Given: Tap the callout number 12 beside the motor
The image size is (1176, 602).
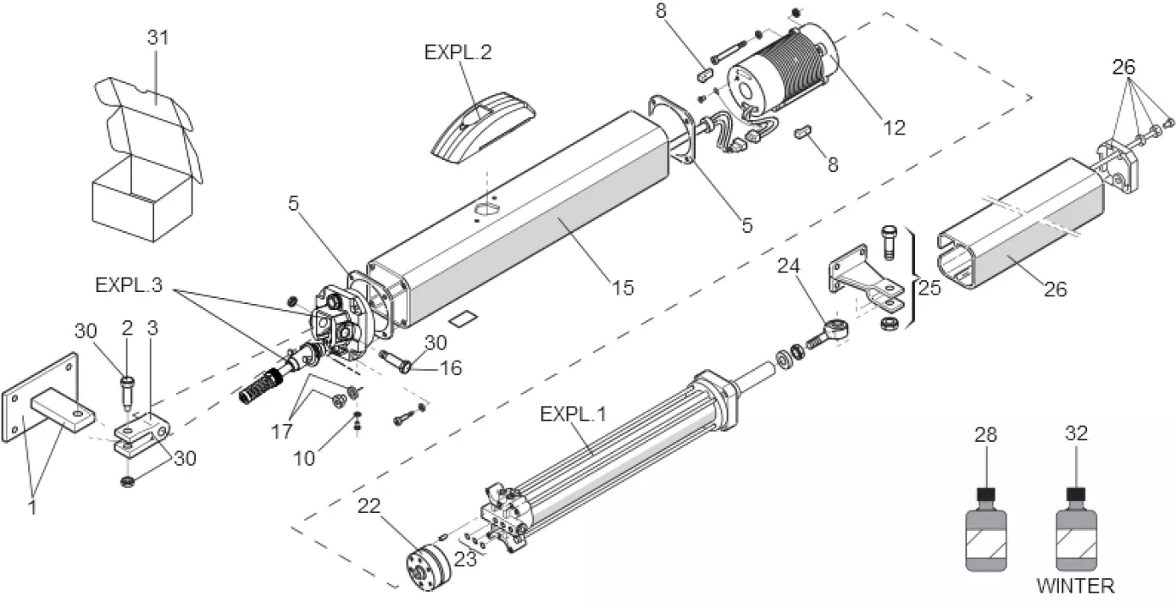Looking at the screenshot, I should point(894,128).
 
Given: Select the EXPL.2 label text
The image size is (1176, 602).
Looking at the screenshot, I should point(458,51).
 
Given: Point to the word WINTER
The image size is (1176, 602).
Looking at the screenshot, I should point(1076,585).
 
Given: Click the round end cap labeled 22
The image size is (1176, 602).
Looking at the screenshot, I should point(428,567).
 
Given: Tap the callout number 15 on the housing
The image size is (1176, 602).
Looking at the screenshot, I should point(622,288).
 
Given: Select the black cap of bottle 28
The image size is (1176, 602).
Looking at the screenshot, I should point(985,494).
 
